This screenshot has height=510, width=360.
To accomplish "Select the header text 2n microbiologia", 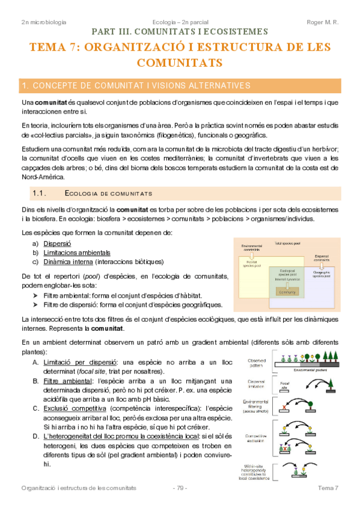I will coord(43,22).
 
